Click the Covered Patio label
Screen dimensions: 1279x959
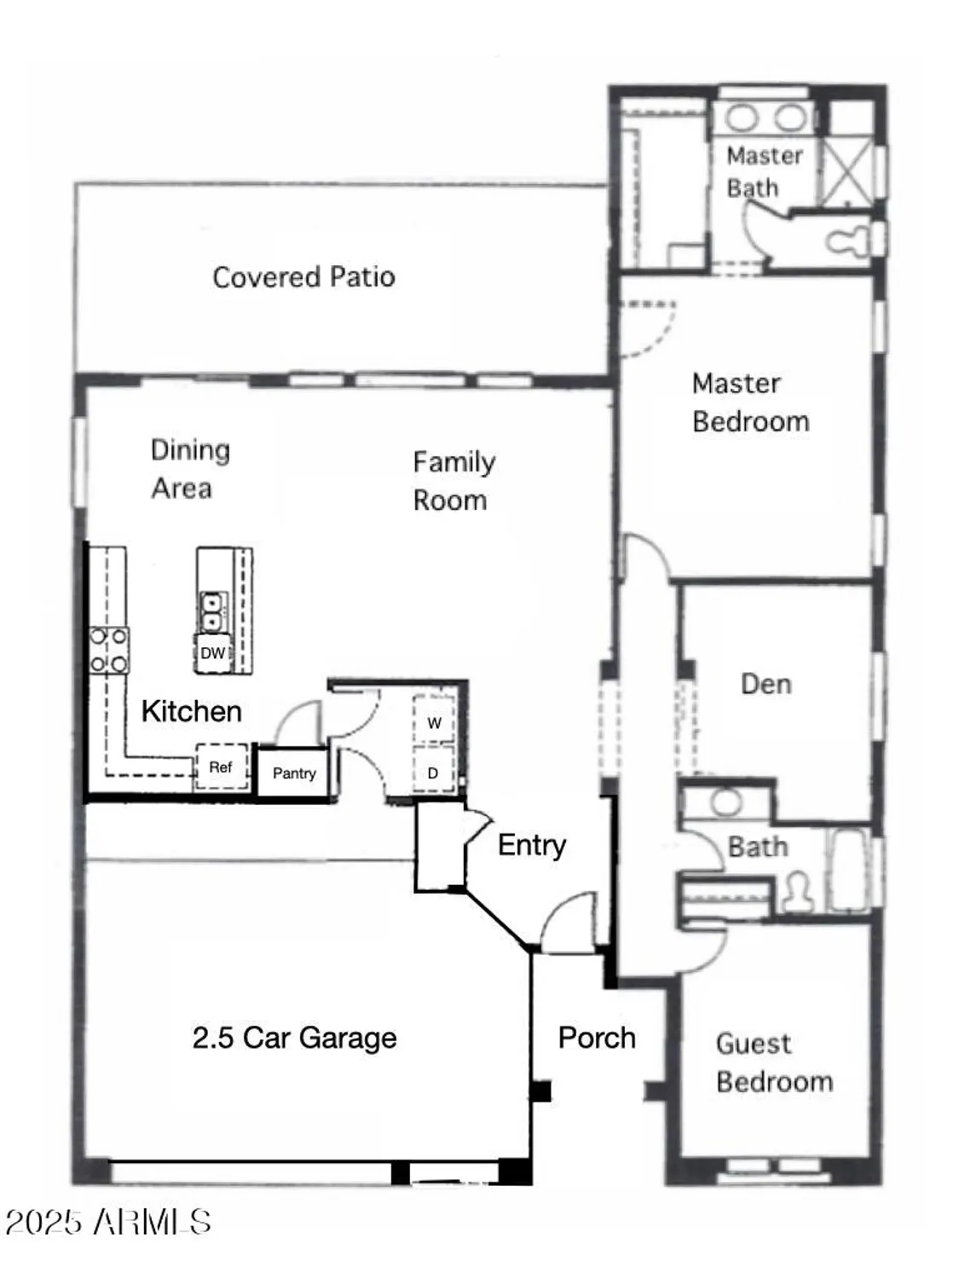tap(303, 277)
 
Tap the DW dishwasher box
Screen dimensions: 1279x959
tap(212, 653)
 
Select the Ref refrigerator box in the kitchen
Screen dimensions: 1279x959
tap(221, 767)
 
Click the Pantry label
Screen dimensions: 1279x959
tap(294, 773)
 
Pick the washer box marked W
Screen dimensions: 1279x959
tap(434, 722)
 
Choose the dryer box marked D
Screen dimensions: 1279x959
tap(433, 773)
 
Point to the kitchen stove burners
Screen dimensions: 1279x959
tap(109, 650)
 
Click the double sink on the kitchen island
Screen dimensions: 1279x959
tap(211, 611)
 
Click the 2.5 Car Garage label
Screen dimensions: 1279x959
tap(294, 1038)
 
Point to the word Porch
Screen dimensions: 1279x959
tap(597, 1038)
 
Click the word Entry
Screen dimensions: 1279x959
tap(532, 845)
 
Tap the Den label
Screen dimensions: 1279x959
tap(765, 684)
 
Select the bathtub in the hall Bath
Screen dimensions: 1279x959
tap(848, 869)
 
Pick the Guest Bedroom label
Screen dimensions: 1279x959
tap(773, 1062)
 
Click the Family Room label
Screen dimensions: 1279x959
tap(453, 481)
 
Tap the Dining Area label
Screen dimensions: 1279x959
tap(189, 469)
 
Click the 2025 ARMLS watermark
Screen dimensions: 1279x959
tap(108, 1222)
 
